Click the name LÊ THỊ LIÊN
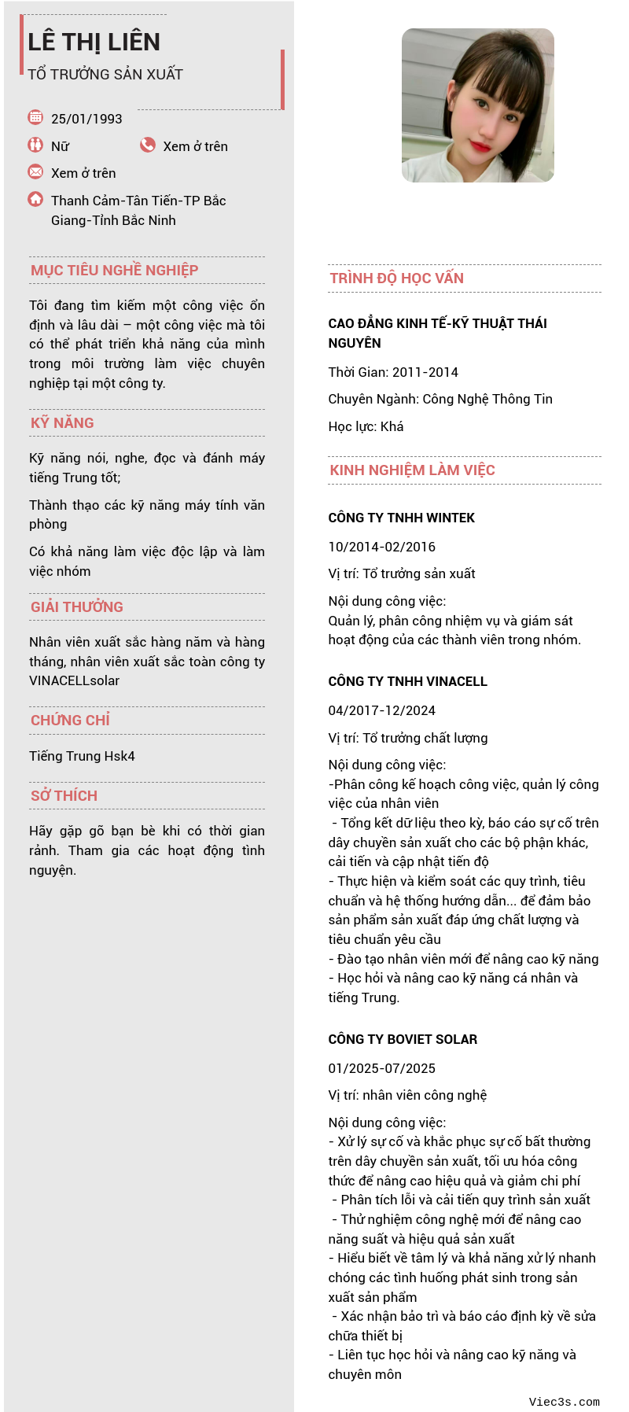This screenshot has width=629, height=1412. point(94,42)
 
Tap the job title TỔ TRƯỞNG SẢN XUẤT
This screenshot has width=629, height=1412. point(105,75)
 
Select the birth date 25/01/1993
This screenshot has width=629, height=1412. point(86,119)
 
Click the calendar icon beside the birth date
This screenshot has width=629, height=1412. point(35,117)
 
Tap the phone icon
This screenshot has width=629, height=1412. point(148,145)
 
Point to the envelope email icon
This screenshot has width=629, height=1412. point(35,171)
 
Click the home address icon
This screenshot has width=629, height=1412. point(35,199)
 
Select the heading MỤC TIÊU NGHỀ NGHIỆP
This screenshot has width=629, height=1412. point(114,271)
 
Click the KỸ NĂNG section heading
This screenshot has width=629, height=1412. point(62,423)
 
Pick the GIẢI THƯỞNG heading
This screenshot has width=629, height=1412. point(77,607)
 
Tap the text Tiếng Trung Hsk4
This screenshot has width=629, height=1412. point(82,756)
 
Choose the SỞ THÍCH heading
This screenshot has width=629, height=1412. point(64,796)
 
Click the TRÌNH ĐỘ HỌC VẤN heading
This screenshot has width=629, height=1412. point(396,278)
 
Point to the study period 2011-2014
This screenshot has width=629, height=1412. point(426,372)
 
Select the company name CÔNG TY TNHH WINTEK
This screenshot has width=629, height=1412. point(401,518)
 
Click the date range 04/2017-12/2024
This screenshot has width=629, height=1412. point(381,710)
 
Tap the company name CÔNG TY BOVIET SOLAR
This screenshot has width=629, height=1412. point(403,1039)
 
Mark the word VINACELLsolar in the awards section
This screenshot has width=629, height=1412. point(74,680)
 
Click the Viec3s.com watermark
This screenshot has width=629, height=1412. point(564,1402)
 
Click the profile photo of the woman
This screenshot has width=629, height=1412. point(477,105)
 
